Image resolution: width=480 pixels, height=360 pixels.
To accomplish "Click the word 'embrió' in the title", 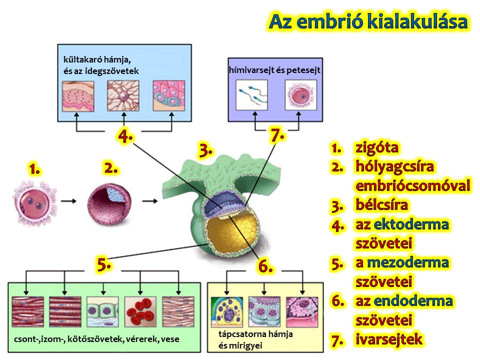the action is point(329,21).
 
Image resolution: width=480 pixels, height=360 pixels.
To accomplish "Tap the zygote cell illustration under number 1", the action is point(35,203).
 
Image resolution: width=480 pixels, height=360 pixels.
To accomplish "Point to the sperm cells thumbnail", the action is point(251,95).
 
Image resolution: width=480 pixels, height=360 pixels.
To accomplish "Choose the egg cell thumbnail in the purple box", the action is point(301,95).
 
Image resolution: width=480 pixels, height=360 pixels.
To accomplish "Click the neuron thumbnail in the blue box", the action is point(123,96).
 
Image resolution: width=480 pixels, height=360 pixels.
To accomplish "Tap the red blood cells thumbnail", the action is point(140,311).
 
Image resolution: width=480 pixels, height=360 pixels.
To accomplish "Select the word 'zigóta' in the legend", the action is point(377,148).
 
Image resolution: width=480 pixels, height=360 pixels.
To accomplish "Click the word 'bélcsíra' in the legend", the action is point(381,205).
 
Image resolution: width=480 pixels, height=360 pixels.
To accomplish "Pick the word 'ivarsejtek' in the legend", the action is point(389,339).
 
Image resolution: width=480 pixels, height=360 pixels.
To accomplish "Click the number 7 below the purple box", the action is point(276,135).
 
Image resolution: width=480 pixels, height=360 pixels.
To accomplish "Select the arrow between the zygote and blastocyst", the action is point(68,201).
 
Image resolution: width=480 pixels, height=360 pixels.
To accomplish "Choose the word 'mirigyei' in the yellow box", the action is point(240,345).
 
